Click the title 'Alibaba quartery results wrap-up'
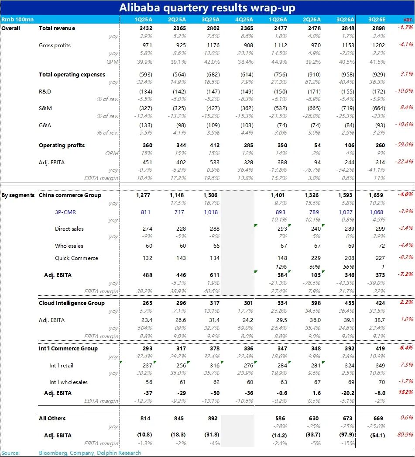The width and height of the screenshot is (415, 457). (207, 7)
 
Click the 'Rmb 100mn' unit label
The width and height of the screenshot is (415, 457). (17, 19)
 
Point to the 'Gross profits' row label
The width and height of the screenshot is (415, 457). (55, 45)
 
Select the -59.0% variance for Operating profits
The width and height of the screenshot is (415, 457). (405, 145)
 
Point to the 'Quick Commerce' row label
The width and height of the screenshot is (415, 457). (76, 258)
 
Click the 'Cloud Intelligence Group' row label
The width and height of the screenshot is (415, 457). (72, 303)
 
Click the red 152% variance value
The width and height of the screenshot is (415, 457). (406, 392)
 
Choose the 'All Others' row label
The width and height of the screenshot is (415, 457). (52, 419)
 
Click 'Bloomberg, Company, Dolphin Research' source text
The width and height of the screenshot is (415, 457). (90, 453)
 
